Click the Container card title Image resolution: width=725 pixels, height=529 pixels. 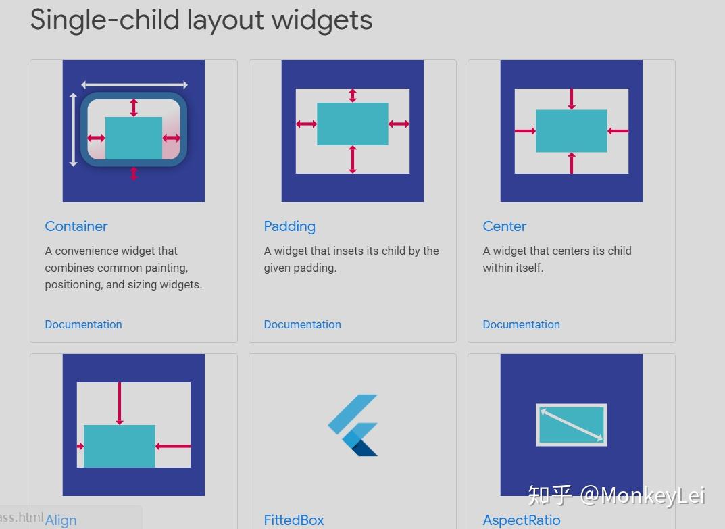tap(76, 226)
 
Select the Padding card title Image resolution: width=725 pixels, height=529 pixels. tap(289, 226)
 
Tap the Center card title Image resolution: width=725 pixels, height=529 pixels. tap(504, 226)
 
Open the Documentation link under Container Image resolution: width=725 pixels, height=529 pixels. tap(83, 324)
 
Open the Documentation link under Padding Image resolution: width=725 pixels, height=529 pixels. tap(302, 324)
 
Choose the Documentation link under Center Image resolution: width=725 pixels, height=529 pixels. tap(521, 324)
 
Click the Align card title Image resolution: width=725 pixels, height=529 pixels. tap(61, 520)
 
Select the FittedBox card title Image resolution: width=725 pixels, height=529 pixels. tap(294, 520)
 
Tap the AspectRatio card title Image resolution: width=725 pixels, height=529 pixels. tap(521, 520)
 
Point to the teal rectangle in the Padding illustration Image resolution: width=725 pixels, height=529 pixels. tap(353, 124)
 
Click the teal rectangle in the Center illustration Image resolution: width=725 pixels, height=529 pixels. tap(572, 131)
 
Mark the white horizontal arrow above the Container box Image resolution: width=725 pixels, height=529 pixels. tap(134, 85)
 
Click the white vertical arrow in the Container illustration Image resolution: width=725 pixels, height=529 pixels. tap(74, 130)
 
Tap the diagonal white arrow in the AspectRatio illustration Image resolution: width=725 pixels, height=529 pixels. tap(572, 425)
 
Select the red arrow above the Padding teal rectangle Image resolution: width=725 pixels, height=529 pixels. tap(352, 95)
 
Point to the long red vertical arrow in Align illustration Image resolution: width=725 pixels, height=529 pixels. tap(120, 403)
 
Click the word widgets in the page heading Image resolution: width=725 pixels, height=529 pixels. tap(322, 20)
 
